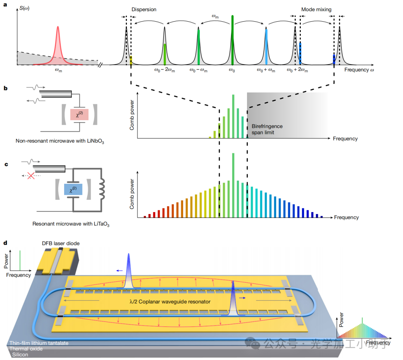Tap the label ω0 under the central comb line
[232, 70]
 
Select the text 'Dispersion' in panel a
[144, 9]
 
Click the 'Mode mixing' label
[316, 9]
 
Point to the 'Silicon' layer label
[21, 354]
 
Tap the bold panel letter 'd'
[5, 243]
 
